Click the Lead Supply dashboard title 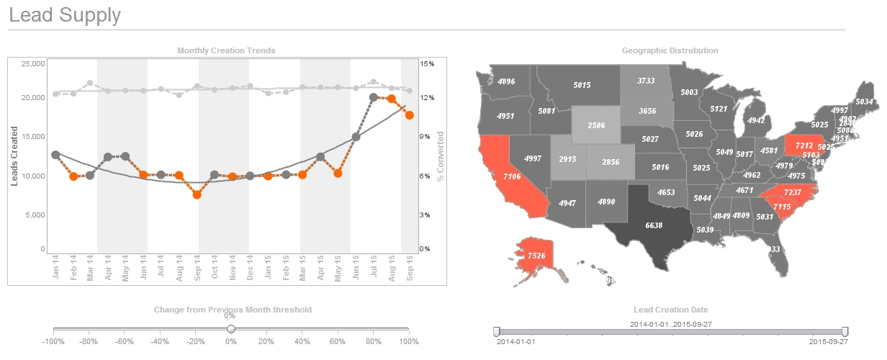click(65, 15)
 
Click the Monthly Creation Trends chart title click(226, 50)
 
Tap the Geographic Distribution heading click(670, 50)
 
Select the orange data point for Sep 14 click(197, 194)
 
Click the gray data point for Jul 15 click(374, 97)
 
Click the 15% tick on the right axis click(428, 64)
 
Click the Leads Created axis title click(14, 156)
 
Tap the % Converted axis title click(440, 156)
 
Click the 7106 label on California click(512, 176)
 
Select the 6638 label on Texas click(654, 225)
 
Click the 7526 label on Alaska click(536, 256)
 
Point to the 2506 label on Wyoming click(595, 125)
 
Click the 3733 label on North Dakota click(646, 81)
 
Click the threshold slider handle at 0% click(231, 329)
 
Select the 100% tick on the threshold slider click(408, 342)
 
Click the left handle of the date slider click(496, 330)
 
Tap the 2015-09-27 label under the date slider click(829, 342)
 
